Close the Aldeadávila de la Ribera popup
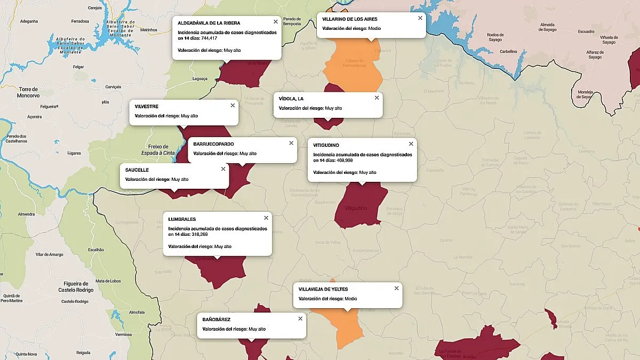pos(275,22)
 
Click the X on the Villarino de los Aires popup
pos(420,18)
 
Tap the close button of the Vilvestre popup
pos(233,106)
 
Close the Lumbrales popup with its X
pos(266,218)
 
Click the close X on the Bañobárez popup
pos(300,318)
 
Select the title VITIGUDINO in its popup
pos(326,145)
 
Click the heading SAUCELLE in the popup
pos(137,170)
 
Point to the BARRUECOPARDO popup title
pos(213,144)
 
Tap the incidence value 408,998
pos(342,161)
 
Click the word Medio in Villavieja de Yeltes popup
pos(350,299)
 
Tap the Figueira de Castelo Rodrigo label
pos(76,287)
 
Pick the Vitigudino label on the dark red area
pos(357,207)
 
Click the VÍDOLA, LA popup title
pos(291,99)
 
